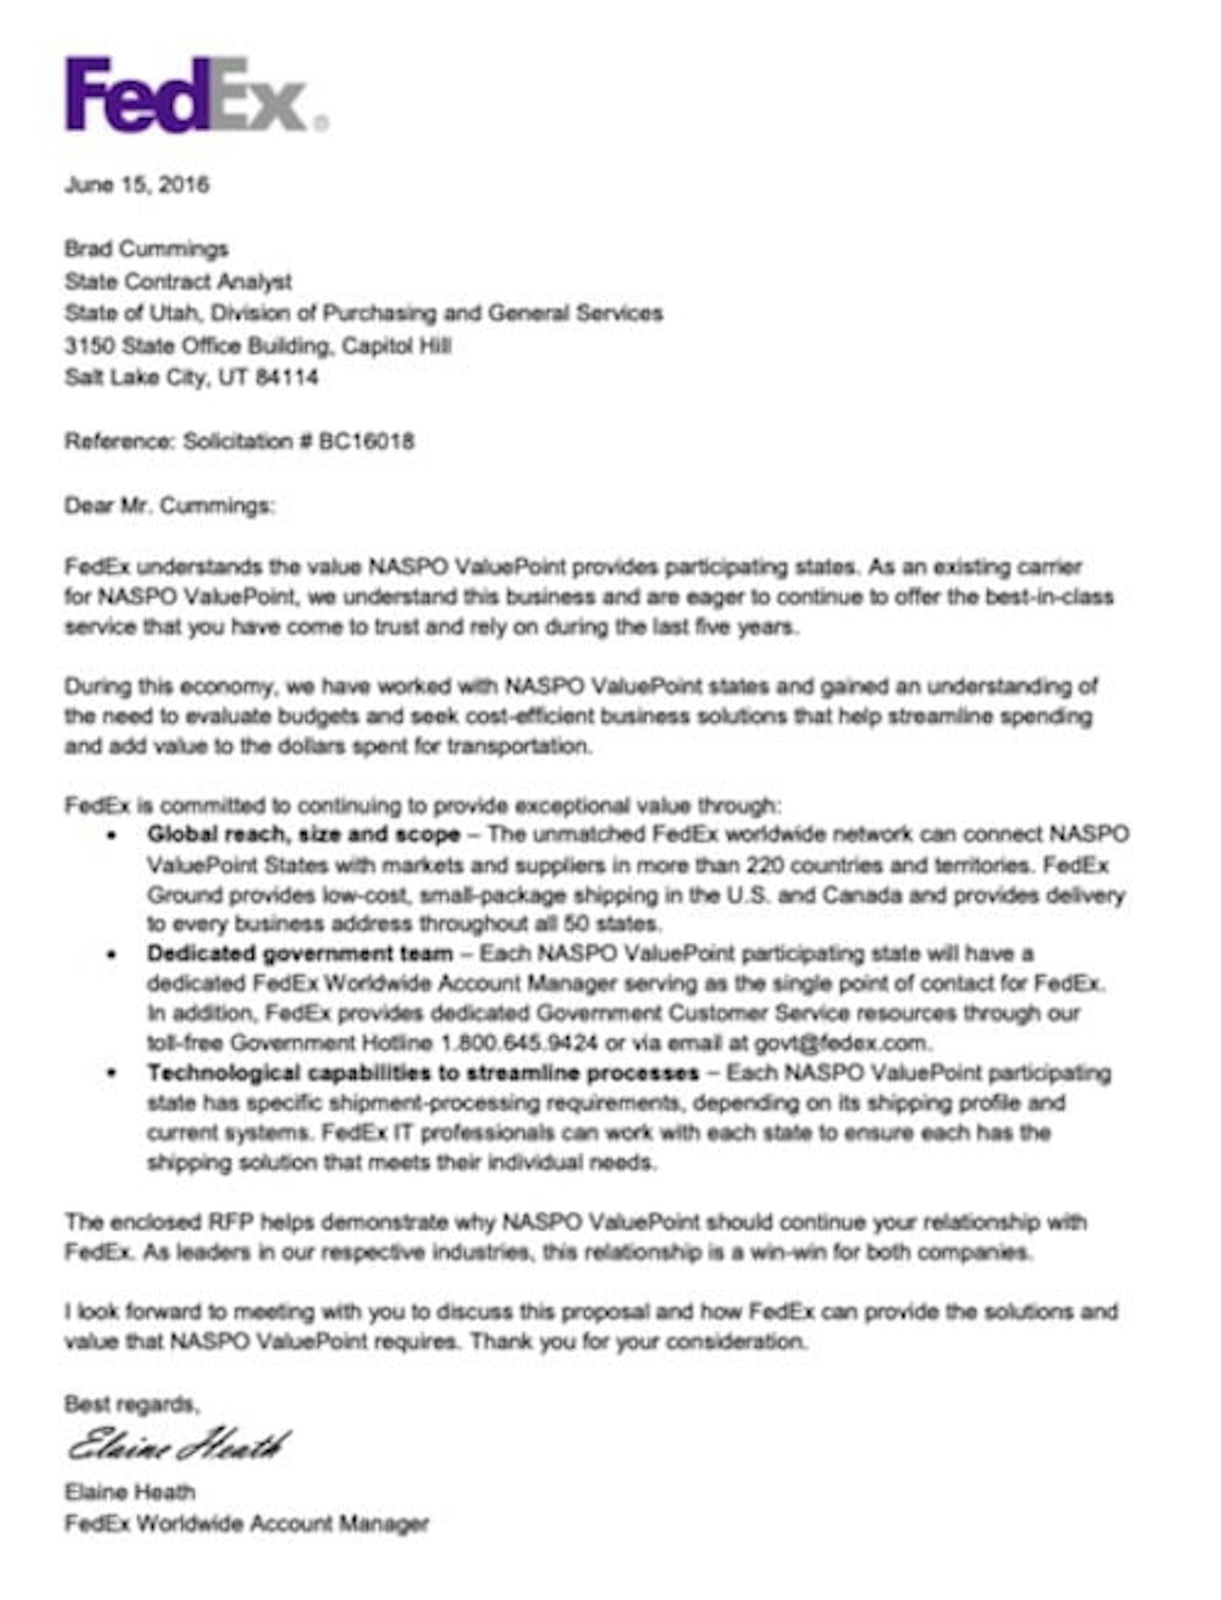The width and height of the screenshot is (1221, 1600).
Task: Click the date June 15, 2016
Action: tap(137, 184)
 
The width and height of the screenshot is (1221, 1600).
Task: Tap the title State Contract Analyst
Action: tap(178, 281)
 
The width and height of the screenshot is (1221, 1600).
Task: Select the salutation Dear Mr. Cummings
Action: tap(169, 505)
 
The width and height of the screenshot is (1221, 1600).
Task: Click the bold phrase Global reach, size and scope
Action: tap(304, 835)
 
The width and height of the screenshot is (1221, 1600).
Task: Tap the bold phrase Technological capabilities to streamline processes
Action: tap(423, 1073)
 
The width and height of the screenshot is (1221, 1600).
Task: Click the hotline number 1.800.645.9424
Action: tap(520, 1043)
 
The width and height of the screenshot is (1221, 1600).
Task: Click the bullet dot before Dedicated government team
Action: tap(111, 955)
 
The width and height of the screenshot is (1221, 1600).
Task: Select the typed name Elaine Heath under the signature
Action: tap(129, 1492)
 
